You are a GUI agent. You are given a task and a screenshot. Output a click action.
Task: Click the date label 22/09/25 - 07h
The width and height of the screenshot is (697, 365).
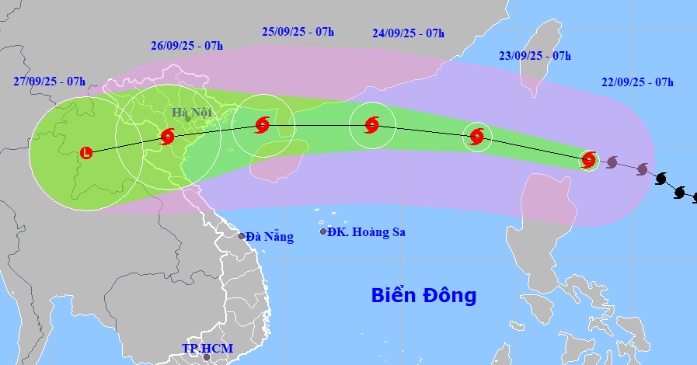[x=637, y=82]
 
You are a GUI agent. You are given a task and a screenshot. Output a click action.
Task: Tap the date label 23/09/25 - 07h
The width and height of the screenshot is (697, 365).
[x=535, y=55]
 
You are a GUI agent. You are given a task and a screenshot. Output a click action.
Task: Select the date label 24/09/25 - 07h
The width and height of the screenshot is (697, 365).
[x=408, y=33]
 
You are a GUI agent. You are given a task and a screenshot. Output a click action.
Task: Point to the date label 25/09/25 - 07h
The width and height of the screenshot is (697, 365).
[x=298, y=31]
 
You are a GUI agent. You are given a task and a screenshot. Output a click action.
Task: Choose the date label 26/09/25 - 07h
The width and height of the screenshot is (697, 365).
[x=186, y=45]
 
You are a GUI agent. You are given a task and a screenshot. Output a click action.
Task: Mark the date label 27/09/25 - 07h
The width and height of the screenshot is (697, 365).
[x=49, y=81]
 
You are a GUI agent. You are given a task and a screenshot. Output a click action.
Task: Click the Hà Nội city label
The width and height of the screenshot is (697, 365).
[x=192, y=113]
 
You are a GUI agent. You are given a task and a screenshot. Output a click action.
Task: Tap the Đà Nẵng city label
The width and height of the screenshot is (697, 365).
[x=270, y=237]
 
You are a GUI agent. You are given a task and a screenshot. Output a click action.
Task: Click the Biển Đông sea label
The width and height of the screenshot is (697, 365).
[x=423, y=295]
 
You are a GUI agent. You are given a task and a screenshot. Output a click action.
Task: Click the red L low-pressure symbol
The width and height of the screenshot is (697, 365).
[x=85, y=153]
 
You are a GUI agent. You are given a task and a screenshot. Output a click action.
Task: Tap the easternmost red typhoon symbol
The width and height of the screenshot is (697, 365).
[x=589, y=160]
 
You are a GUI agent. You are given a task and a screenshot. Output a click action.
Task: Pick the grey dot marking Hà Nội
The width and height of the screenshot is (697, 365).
[x=187, y=118]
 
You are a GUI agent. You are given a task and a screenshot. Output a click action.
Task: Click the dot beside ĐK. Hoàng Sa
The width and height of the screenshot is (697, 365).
[x=323, y=231]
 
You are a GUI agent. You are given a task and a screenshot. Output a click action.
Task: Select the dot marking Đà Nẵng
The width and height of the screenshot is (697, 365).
[x=242, y=236]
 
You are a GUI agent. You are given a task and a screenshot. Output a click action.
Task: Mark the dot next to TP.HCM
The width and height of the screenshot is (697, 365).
[x=206, y=357]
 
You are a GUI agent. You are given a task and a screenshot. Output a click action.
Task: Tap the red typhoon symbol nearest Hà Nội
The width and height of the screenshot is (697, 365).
[x=168, y=137]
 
